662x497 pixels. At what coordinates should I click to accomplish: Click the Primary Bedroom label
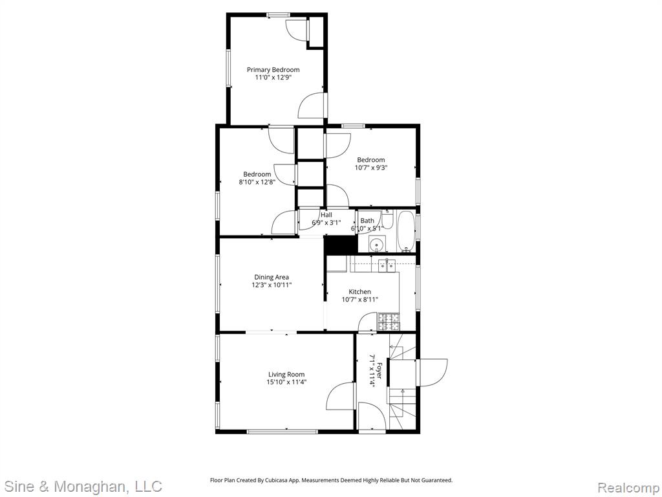[x=273, y=70]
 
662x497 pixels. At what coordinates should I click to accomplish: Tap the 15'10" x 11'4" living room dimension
[x=286, y=382]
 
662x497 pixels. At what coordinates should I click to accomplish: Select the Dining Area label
[x=272, y=277]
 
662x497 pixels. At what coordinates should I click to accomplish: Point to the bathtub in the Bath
[x=406, y=231]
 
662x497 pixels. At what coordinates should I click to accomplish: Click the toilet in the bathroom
[x=388, y=219]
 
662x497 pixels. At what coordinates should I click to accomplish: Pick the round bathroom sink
[x=376, y=244]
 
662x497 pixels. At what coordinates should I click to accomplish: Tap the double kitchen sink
[x=387, y=265]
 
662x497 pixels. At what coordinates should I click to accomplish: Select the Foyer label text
[x=379, y=370]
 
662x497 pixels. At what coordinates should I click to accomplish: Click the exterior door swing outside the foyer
[x=432, y=372]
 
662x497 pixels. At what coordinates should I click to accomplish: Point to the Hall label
[x=326, y=215]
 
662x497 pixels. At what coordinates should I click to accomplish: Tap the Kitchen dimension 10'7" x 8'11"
[x=359, y=300]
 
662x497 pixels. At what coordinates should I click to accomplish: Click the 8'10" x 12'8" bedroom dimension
[x=257, y=182]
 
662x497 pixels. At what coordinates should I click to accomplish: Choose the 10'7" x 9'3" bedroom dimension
[x=371, y=168]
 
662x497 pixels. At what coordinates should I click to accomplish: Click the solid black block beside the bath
[x=340, y=245]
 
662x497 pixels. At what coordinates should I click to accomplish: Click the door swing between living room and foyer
[x=340, y=396]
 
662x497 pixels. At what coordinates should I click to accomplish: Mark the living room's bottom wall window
[x=282, y=432]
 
